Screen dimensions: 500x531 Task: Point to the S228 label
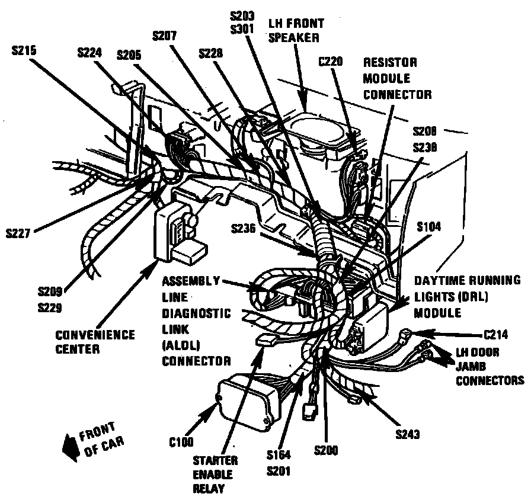pos(211,53)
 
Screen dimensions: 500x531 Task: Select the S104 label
pos(429,227)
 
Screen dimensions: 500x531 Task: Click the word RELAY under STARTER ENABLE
pos(205,489)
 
